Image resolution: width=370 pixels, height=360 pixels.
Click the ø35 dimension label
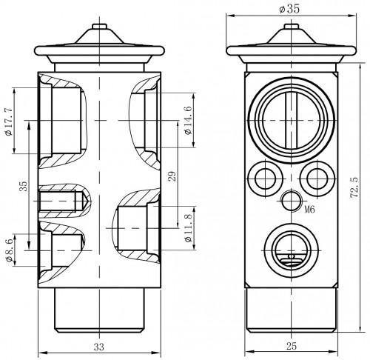point(289,9)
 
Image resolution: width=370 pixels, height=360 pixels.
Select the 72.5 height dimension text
point(354,187)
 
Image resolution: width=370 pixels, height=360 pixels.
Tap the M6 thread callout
point(309,210)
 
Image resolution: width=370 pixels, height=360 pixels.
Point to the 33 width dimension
point(99,347)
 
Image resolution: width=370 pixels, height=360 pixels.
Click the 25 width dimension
point(292,346)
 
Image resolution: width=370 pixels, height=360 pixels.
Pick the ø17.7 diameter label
point(9,121)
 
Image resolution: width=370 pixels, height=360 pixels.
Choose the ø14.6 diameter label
point(188,120)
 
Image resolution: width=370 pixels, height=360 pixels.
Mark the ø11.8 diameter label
point(188,228)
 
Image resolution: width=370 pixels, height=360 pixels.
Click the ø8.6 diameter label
point(10,250)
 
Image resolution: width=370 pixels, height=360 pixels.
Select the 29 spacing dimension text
point(172,176)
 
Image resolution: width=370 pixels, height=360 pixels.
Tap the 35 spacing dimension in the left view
point(23,186)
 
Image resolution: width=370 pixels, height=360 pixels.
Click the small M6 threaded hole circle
point(292,201)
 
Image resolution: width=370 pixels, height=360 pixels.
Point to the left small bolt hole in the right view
point(265,178)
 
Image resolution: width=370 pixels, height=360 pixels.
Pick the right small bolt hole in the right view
point(317,178)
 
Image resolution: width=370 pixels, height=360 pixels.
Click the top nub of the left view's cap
point(99,27)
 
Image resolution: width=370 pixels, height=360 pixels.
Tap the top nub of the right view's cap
point(292,27)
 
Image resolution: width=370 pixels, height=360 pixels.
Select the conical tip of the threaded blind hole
point(86,201)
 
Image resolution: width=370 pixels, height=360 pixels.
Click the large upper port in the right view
point(292,120)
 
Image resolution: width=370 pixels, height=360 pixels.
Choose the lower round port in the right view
point(292,251)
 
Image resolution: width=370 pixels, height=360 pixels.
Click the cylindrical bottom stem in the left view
point(99,310)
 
